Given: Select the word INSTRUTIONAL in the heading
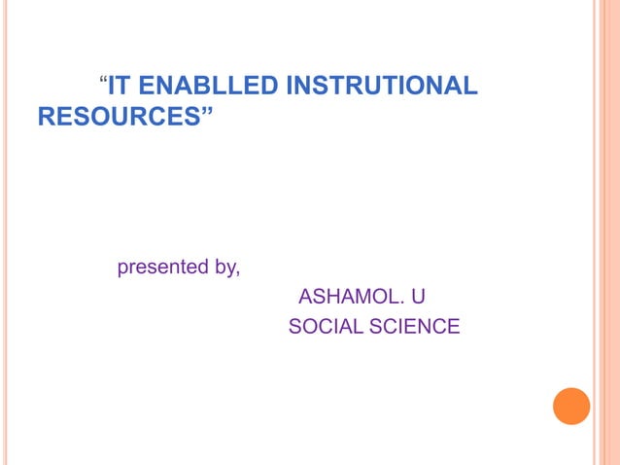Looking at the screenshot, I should pos(382,87).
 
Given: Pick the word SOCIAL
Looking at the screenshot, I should pos(325,327).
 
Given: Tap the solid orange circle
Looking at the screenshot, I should pos(571,406).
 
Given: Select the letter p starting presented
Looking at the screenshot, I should pos(122,268).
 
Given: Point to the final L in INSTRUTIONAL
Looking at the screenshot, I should pos(471,87).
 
